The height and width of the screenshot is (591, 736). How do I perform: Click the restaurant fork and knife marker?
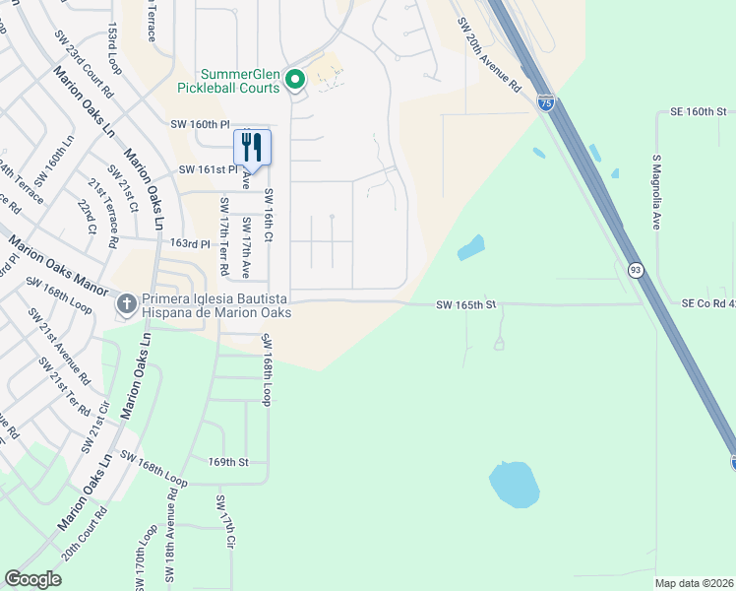(x=252, y=148)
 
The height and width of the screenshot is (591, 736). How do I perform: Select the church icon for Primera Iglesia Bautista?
(x=126, y=304)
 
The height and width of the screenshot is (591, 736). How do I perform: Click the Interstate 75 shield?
(x=546, y=102)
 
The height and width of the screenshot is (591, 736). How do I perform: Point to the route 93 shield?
(x=637, y=269)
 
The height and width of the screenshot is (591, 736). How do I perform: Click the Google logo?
(x=32, y=579)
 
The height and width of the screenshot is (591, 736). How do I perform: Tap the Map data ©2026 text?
(x=694, y=583)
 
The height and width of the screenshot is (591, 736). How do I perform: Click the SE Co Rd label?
(x=707, y=305)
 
